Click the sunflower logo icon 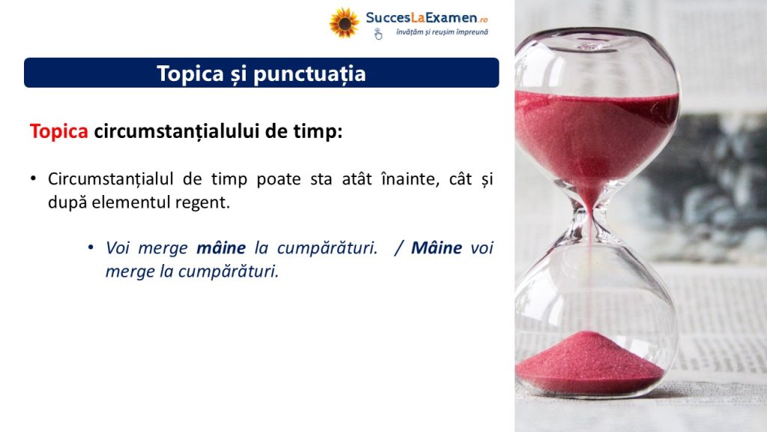(x=344, y=22)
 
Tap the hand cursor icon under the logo (x=378, y=34)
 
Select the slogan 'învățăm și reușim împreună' (x=442, y=32)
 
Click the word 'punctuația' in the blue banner (x=309, y=73)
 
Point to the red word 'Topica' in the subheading (x=58, y=130)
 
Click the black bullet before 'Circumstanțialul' (x=33, y=178)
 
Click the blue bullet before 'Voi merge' (x=91, y=247)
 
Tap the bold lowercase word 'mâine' (x=221, y=247)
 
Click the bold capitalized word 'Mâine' (x=437, y=247)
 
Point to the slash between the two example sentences (x=398, y=247)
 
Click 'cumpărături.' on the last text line (x=228, y=271)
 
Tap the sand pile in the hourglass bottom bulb (x=589, y=362)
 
